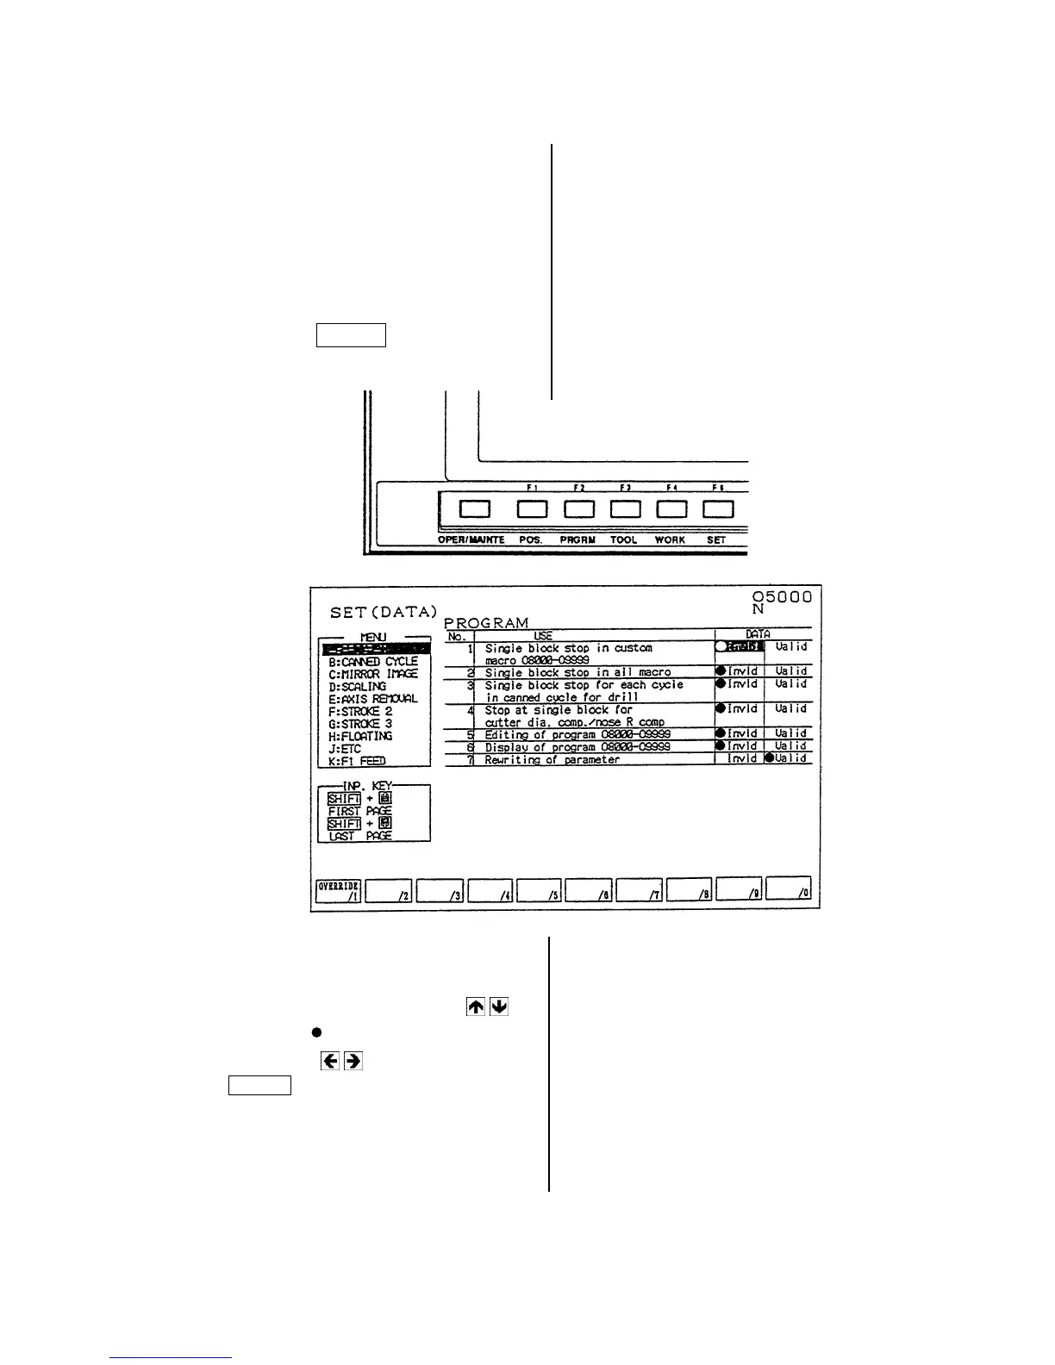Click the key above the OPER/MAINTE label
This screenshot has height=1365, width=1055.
click(x=474, y=508)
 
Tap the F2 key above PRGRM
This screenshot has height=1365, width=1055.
click(x=579, y=508)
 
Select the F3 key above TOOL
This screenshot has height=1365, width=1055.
click(x=625, y=508)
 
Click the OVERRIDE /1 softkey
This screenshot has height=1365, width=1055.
click(x=338, y=890)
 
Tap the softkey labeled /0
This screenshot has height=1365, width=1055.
click(x=790, y=890)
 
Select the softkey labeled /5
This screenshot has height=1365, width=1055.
click(x=540, y=890)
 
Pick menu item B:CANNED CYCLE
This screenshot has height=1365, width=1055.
click(x=372, y=661)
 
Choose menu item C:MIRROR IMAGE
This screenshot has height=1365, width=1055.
click(x=372, y=674)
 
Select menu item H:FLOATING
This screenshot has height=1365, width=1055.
click(x=360, y=736)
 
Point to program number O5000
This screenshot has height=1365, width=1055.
click(x=781, y=596)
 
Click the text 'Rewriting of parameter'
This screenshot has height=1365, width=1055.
click(x=552, y=759)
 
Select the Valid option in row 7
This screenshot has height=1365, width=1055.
click(x=789, y=758)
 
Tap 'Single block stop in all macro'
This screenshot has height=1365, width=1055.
click(x=577, y=672)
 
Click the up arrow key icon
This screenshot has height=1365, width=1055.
click(x=475, y=1007)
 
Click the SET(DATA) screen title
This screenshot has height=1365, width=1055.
click(x=384, y=612)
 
